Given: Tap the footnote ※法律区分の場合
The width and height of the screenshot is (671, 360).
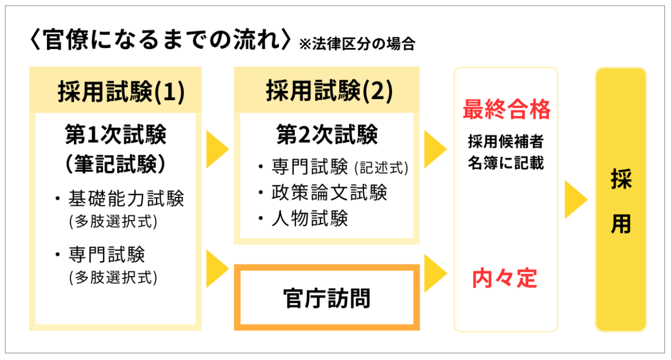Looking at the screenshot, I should click(357, 44).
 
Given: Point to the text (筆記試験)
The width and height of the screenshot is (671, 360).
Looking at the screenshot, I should click(116, 164).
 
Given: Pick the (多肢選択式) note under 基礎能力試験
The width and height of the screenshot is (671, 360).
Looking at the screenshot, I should click(113, 222).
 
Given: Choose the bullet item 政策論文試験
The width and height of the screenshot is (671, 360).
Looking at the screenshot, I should click(330, 193).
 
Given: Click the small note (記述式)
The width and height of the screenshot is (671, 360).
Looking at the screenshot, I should click(381, 168).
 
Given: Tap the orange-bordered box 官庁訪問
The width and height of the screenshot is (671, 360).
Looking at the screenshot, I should click(327, 298).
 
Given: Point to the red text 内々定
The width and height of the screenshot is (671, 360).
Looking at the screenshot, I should click(505, 278).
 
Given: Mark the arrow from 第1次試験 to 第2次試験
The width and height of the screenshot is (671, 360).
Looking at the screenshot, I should click(217, 149).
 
